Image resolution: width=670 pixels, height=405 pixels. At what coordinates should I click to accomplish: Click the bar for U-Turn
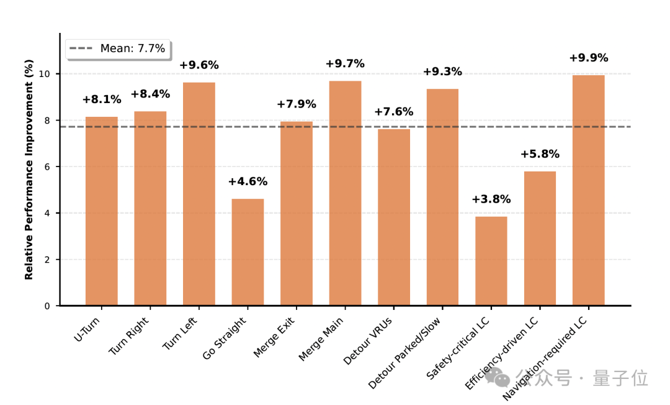pos(101,211)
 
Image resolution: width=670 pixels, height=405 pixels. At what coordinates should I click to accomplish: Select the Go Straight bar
pos(248,252)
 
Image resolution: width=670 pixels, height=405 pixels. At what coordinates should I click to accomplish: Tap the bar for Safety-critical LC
pos(491,261)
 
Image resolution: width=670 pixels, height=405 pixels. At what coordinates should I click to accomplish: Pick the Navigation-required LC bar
pos(588,190)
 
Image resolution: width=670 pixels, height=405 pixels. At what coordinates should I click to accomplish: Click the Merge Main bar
pos(345,193)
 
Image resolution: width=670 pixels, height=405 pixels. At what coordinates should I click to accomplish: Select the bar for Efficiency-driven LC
pos(540,239)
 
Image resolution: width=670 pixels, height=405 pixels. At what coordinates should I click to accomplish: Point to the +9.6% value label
pos(199,65)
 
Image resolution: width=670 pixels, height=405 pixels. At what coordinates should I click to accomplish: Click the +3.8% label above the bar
pos(491,199)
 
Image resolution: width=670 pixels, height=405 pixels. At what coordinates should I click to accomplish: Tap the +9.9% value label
pos(588,58)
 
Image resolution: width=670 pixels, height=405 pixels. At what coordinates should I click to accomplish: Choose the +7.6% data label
pos(393,112)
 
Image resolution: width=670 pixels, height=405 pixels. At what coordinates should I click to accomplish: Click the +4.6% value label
pos(248,182)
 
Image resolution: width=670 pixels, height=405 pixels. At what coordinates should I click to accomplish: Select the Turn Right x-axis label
pos(129,336)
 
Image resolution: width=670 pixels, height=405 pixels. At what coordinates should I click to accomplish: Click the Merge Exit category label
pos(274,338)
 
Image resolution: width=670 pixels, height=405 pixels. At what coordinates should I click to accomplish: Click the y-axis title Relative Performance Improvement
pos(29,170)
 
